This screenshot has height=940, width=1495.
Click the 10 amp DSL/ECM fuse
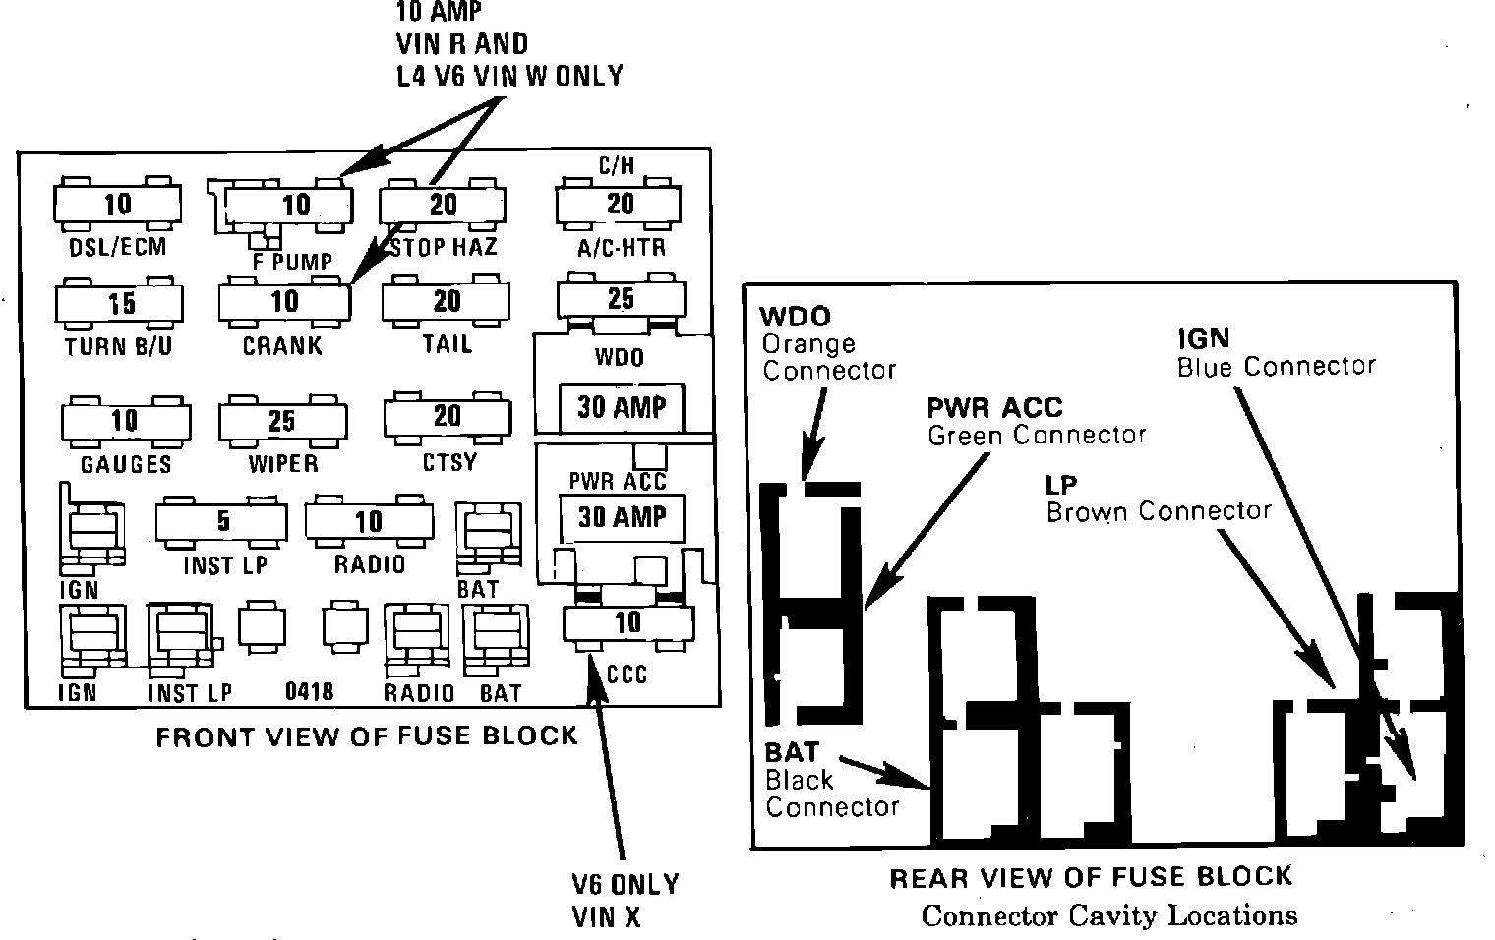coord(117,204)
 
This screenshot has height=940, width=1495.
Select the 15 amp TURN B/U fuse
coord(119,304)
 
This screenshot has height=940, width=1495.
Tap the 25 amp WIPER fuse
coord(283,421)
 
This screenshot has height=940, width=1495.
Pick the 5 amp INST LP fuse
coord(221,522)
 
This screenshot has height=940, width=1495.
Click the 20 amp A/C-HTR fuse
coord(618,205)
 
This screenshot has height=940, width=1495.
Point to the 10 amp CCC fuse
coord(628,623)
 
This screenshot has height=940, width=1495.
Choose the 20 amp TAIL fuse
coord(446,302)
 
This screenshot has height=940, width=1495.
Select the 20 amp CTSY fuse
coord(448,418)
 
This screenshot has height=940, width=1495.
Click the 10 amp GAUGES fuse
coord(126,422)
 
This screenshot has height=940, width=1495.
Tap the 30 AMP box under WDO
coord(622,407)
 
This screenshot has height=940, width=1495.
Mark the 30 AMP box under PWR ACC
coord(622,518)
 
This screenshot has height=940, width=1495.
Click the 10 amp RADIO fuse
coord(369,521)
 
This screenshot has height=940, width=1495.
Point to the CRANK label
coord(282,345)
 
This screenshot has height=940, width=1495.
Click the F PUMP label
coord(292,262)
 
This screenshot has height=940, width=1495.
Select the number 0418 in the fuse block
coord(309,692)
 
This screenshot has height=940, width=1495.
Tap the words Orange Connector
coord(829,357)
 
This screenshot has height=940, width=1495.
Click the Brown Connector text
coord(1159,511)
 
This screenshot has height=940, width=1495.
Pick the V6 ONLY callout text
coord(626,885)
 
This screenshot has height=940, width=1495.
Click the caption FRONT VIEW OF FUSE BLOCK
coord(367,735)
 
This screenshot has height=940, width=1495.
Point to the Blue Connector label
coord(1277,366)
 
